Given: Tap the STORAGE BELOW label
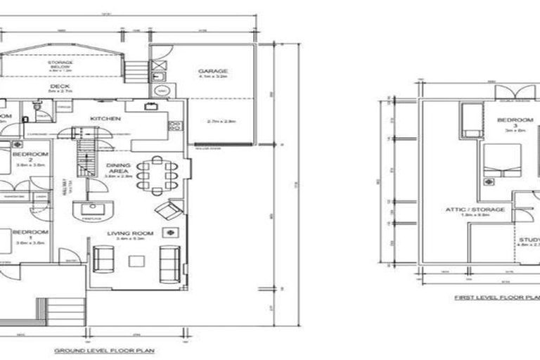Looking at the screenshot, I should point(60,64).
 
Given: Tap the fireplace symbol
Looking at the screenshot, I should point(92,209).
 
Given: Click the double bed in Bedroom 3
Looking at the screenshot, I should point(502,160).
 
